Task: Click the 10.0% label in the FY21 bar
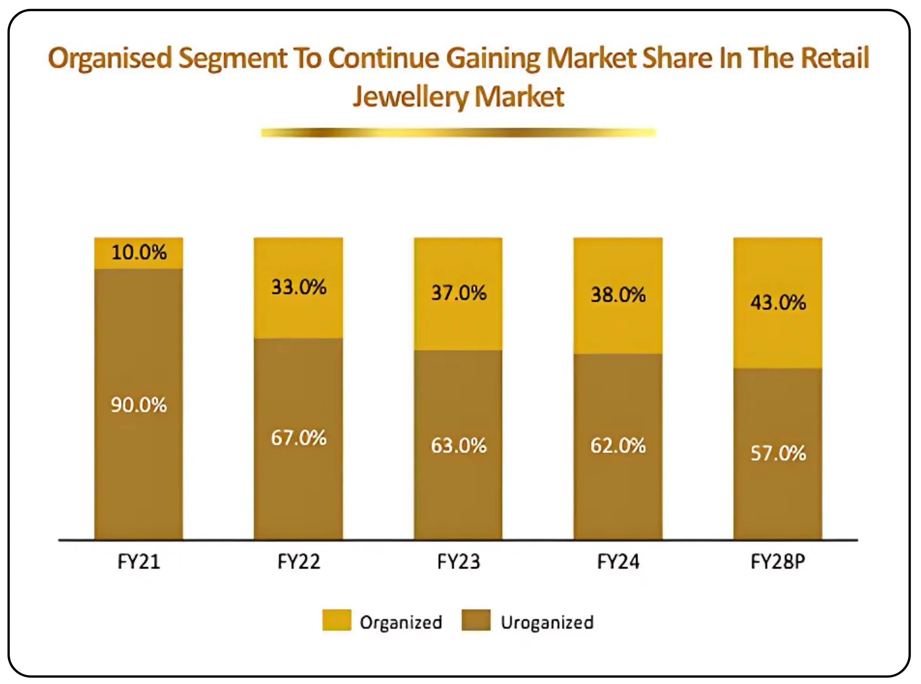point(139,252)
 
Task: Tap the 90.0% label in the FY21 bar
point(139,405)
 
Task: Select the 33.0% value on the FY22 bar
point(298,287)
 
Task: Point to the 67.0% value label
point(298,437)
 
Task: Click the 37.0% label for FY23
point(459,293)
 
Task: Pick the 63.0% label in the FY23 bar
point(459,446)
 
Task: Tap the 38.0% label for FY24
point(618,295)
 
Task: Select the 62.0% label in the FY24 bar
point(618,446)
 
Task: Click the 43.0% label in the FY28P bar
point(778,302)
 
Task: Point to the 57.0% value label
point(778,453)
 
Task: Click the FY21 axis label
point(139,562)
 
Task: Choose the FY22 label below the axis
point(298,562)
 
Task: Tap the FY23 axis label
point(459,562)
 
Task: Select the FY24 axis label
point(618,562)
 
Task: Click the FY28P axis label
point(778,562)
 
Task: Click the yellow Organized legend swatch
point(336,620)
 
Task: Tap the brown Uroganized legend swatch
point(476,620)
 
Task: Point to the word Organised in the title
point(110,58)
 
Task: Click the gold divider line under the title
point(459,132)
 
